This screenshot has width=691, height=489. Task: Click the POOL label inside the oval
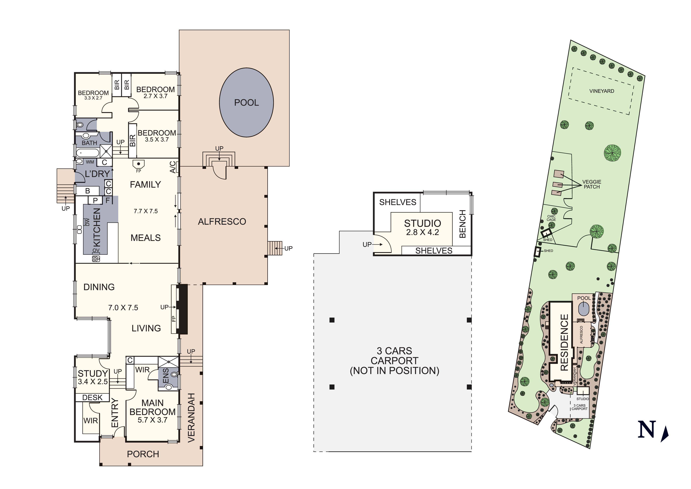pyautogui.click(x=246, y=103)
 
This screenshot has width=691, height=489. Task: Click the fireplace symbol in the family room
pyautogui.click(x=138, y=164)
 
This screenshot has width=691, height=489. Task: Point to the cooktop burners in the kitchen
pyautogui.click(x=96, y=259)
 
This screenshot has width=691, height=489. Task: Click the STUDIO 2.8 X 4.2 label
pyautogui.click(x=422, y=227)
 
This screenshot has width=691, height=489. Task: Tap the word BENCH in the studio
pyautogui.click(x=463, y=224)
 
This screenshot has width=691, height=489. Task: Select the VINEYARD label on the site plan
pyautogui.click(x=601, y=91)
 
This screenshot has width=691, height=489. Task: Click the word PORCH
pyautogui.click(x=143, y=454)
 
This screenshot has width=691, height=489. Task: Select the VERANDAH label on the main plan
pyautogui.click(x=191, y=418)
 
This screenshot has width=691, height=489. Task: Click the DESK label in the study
pyautogui.click(x=92, y=398)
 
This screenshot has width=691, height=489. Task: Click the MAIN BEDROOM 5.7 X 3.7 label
pyautogui.click(x=152, y=411)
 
